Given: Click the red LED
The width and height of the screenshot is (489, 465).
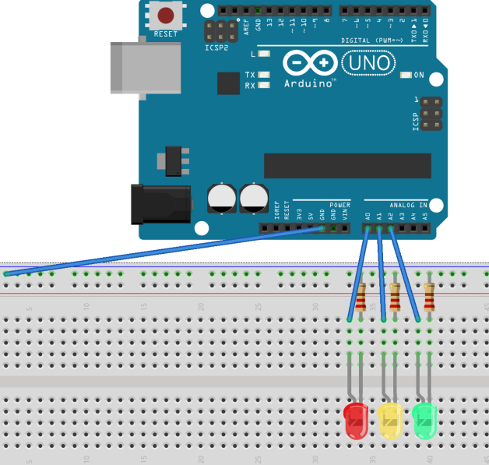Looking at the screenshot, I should tap(355, 419).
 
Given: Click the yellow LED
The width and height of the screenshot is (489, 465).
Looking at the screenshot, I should tap(389, 419).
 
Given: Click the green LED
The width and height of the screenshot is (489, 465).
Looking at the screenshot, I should tap(424, 419).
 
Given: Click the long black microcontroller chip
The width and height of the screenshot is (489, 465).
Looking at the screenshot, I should tap(347, 166).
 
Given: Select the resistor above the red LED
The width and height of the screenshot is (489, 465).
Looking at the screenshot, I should tap(361, 297).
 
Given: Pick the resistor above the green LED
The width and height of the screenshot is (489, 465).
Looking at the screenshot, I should tap(429, 297).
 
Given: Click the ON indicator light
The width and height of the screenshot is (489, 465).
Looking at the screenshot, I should tap(406, 76).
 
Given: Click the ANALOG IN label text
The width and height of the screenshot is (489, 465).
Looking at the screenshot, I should tap(409, 205).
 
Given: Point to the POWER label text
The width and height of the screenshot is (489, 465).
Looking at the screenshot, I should tap(340, 205).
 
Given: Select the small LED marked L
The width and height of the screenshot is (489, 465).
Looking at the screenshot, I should tap(265, 55).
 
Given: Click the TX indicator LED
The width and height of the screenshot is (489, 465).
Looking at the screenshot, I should tap(265, 75).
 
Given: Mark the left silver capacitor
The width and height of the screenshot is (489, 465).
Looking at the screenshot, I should tap(222, 198).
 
